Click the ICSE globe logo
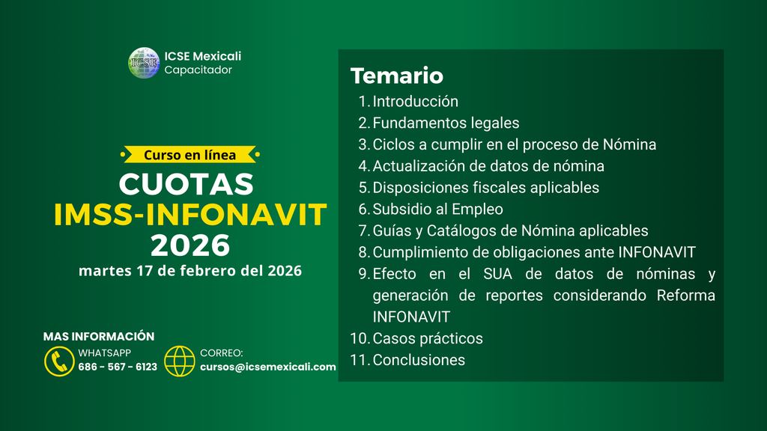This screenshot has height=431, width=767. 144,63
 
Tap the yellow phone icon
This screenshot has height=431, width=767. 59,361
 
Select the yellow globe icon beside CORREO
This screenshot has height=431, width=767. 180,361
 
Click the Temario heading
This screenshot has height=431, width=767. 397,76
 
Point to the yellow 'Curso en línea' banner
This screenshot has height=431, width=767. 190,154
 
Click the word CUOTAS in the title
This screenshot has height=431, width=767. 187,184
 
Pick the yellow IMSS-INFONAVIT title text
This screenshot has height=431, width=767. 190,215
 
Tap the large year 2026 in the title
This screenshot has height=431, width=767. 190,245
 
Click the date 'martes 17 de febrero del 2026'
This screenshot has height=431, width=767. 190,271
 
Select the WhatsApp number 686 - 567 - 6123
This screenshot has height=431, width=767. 118,367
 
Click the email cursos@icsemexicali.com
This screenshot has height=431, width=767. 268,367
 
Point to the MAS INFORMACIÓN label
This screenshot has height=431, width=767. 99,336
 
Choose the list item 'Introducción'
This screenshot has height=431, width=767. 415,101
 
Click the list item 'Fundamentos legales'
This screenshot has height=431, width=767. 446,123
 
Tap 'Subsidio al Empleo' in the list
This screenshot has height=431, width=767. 437,210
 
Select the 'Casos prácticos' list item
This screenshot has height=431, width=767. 428,338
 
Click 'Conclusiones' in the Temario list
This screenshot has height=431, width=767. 419,360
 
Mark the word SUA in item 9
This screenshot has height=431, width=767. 497,274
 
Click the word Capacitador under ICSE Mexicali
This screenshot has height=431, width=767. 198,70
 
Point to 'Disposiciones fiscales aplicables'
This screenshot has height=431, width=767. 485,188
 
